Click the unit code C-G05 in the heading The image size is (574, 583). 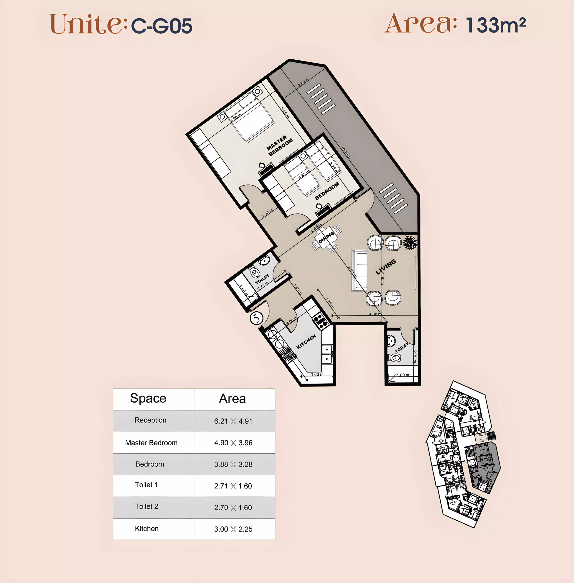pyautogui.click(x=162, y=26)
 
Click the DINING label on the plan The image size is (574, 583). pyautogui.click(x=326, y=237)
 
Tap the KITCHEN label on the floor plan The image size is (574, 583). pyautogui.click(x=306, y=342)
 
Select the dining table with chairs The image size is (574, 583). pyautogui.click(x=326, y=238)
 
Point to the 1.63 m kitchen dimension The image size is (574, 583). pyautogui.click(x=317, y=374)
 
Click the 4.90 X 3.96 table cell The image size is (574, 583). pyautogui.click(x=233, y=443)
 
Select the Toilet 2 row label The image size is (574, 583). pyautogui.click(x=147, y=506)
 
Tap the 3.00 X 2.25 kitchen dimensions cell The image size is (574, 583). pyautogui.click(x=233, y=529)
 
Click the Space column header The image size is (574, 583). pyautogui.click(x=148, y=399)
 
